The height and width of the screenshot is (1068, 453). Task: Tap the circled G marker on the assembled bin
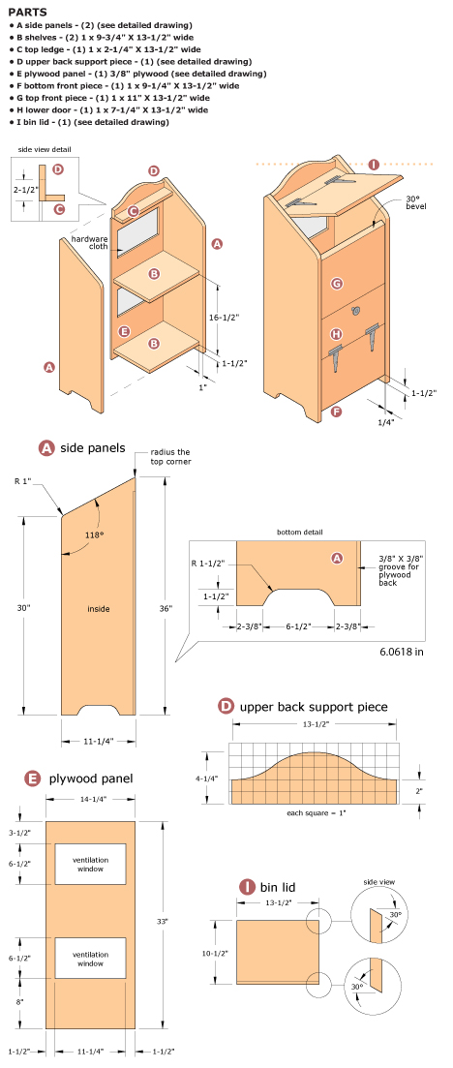click(337, 284)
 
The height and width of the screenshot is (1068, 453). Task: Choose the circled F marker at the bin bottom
click(335, 412)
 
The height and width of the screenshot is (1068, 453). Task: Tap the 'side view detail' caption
click(43, 149)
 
